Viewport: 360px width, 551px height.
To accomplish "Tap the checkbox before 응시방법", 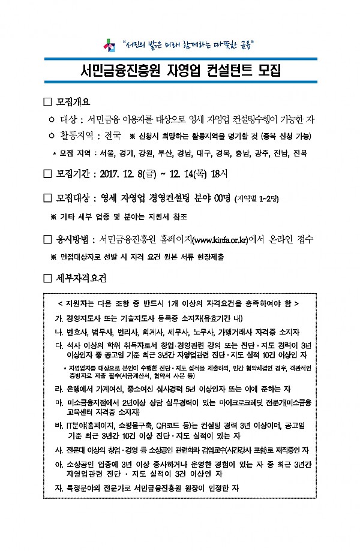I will pos(48,240).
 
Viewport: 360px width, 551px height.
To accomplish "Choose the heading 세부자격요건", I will pos(82,278).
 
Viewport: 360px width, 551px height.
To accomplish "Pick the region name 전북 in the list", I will pos(299,153).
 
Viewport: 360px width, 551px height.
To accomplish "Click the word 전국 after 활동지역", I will pos(112,135).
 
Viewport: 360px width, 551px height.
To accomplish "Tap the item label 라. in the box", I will pos(58,389).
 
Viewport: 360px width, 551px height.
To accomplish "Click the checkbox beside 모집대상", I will pos(48,197).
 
